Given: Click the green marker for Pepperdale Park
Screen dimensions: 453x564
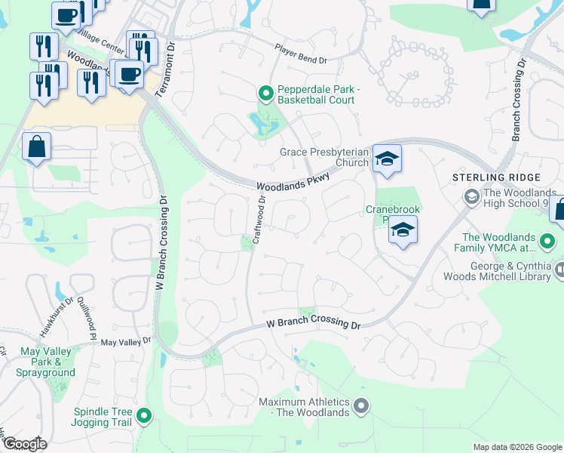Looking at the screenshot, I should coord(265,94).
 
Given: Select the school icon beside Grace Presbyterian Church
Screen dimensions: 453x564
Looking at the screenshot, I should coord(387,159).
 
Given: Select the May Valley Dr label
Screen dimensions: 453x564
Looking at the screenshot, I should coord(126,343).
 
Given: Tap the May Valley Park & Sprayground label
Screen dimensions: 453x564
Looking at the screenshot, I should coord(47,362).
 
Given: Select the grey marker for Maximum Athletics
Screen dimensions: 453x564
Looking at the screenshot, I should coord(361,407).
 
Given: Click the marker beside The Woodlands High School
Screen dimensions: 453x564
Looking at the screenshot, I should coord(471,198).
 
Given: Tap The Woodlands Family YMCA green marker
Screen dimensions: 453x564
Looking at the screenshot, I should coord(548,242).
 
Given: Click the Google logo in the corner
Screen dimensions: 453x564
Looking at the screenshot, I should coord(24,444).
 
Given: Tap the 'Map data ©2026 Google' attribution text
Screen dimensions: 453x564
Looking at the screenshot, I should coord(516,447).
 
